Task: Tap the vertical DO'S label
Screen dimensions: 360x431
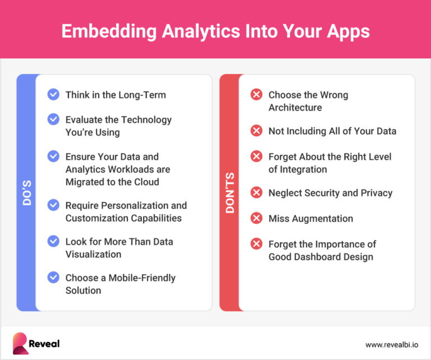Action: tap(27, 192)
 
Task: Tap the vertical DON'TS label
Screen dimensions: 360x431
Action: tap(229, 192)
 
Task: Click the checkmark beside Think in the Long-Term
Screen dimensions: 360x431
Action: tap(53, 95)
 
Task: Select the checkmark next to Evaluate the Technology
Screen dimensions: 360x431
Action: tap(53, 119)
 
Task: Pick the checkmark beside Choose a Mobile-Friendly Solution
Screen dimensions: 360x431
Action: tap(53, 278)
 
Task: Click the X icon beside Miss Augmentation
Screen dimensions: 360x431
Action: tap(256, 218)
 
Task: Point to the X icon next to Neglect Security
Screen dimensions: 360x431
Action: tap(256, 192)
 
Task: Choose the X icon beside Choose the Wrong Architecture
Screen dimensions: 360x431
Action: tap(256, 95)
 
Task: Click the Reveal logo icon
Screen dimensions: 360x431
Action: tap(21, 343)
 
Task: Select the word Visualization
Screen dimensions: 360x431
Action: tap(93, 254)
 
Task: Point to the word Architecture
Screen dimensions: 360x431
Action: tap(295, 107)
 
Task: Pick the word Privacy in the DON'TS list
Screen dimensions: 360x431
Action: tap(375, 192)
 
